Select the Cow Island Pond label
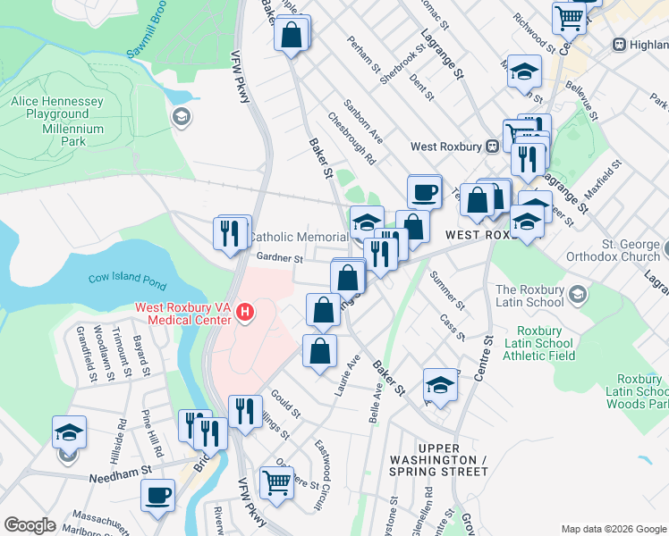click(x=127, y=281)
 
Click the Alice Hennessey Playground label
click(x=57, y=108)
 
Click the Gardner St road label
click(x=281, y=258)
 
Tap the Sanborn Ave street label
click(x=363, y=121)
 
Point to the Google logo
click(x=30, y=525)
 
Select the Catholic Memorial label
click(x=298, y=237)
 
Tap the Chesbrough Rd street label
click(x=351, y=138)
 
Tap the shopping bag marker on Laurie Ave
click(x=319, y=350)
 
